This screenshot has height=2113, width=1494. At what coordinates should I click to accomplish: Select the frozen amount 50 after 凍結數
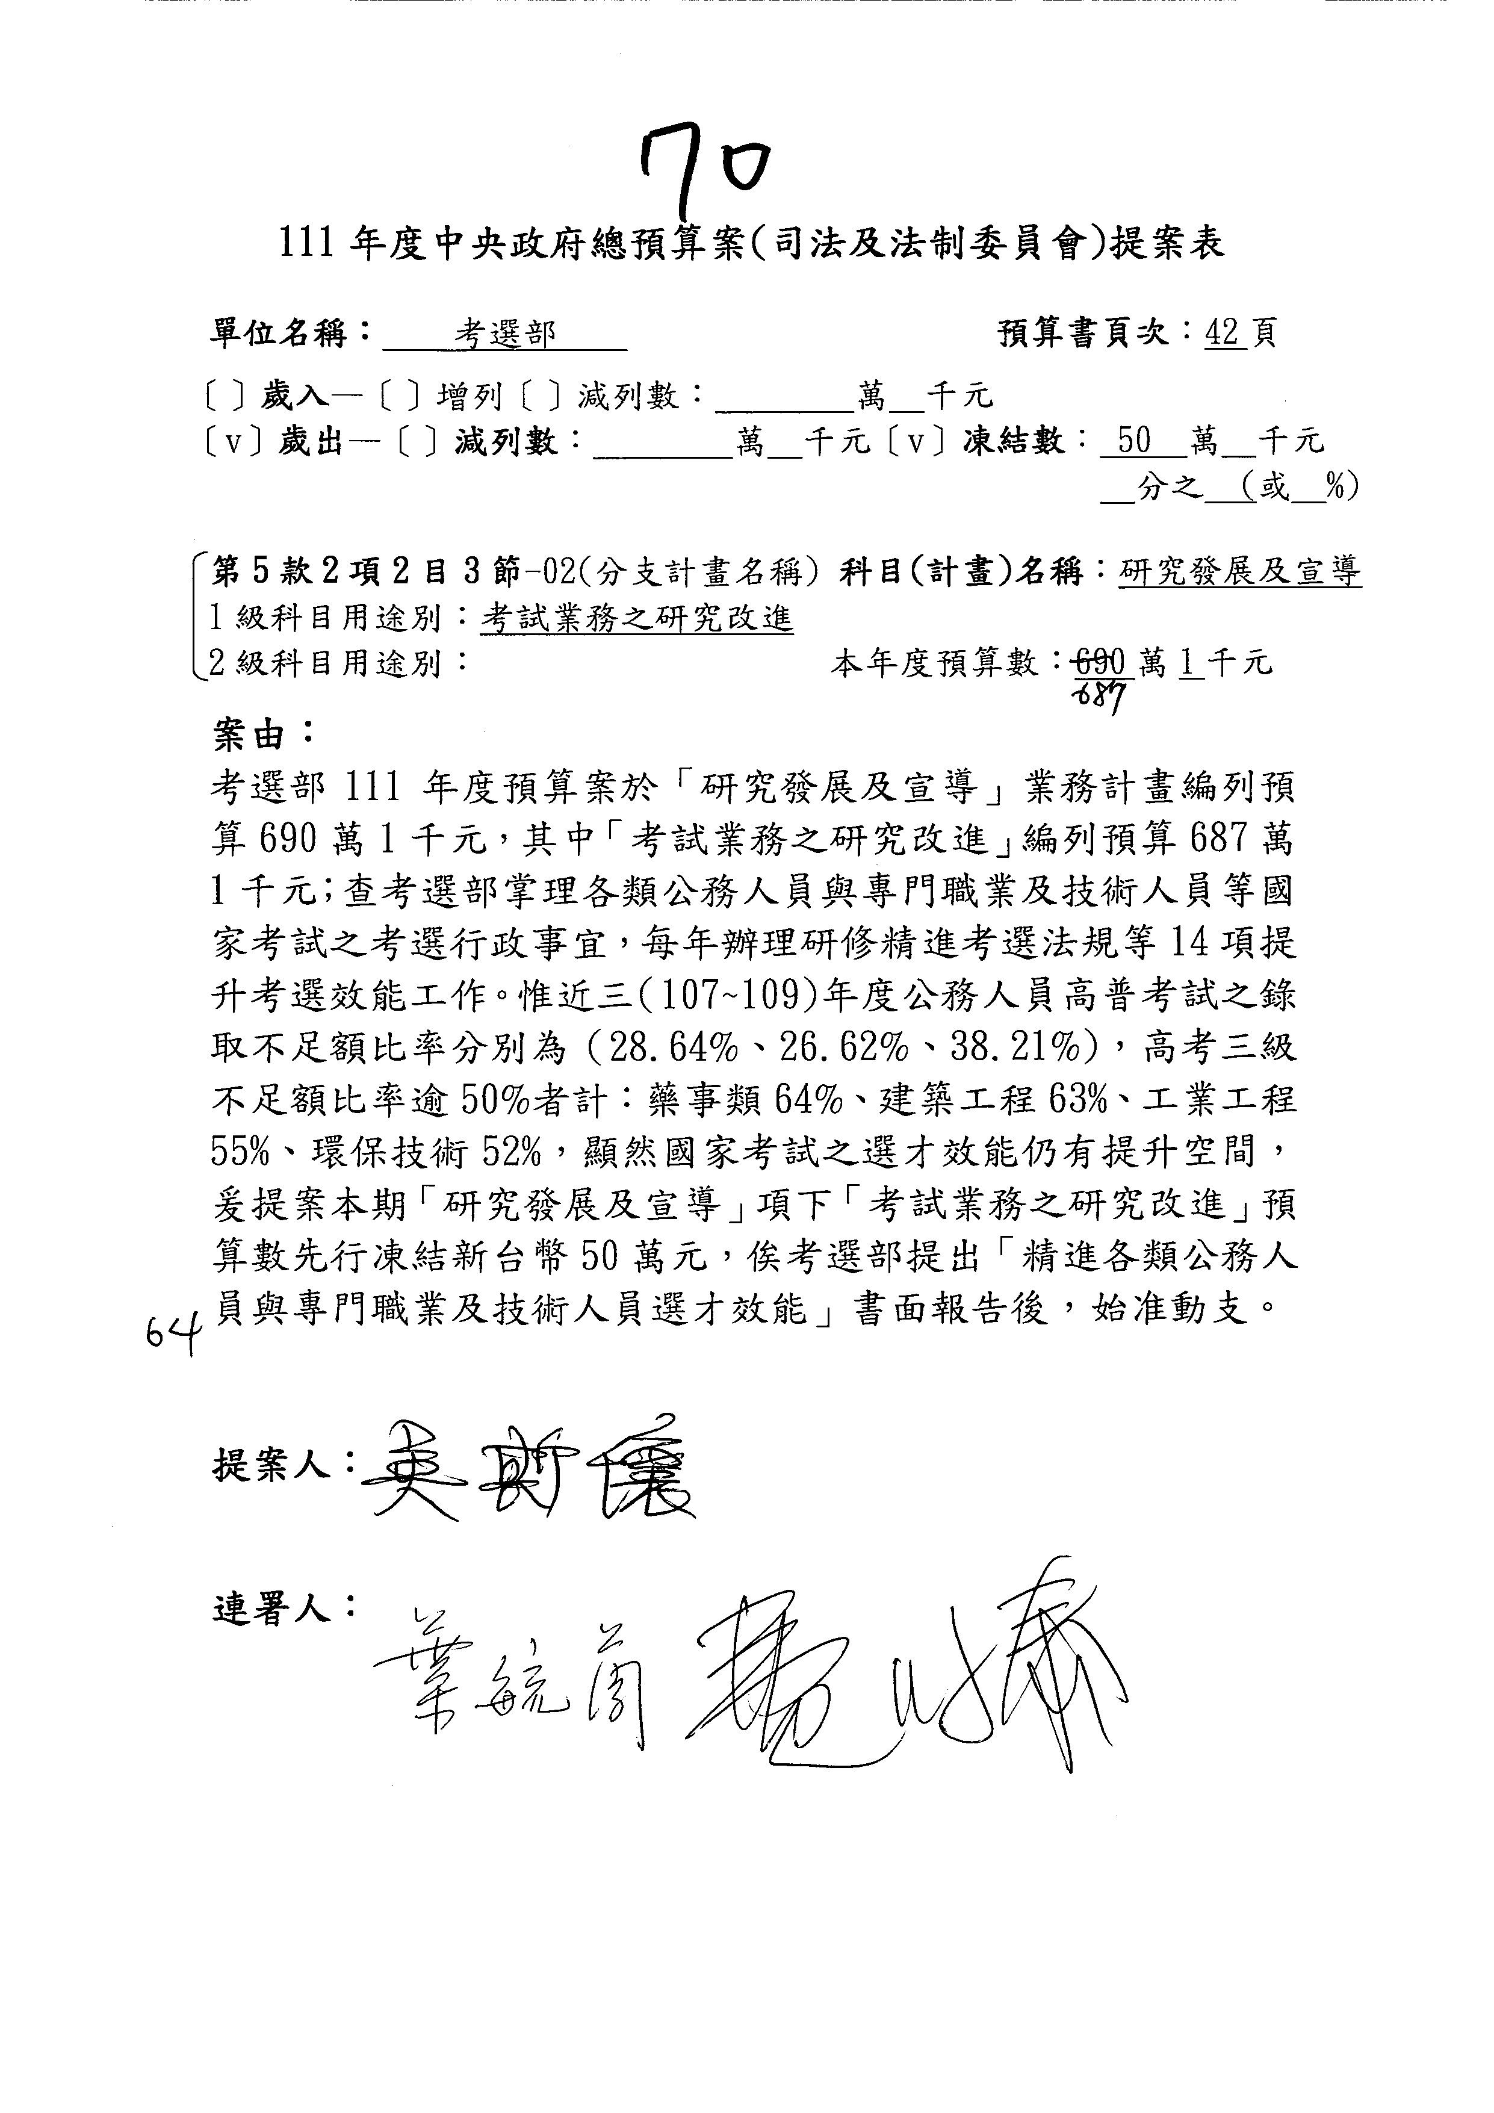pos(1133,442)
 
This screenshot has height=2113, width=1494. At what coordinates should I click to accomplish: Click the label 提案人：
pos(284,1464)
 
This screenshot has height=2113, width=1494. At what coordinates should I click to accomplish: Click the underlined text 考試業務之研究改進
pos(637,618)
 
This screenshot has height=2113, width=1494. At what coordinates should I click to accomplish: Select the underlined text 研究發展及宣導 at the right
pos(1240,573)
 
